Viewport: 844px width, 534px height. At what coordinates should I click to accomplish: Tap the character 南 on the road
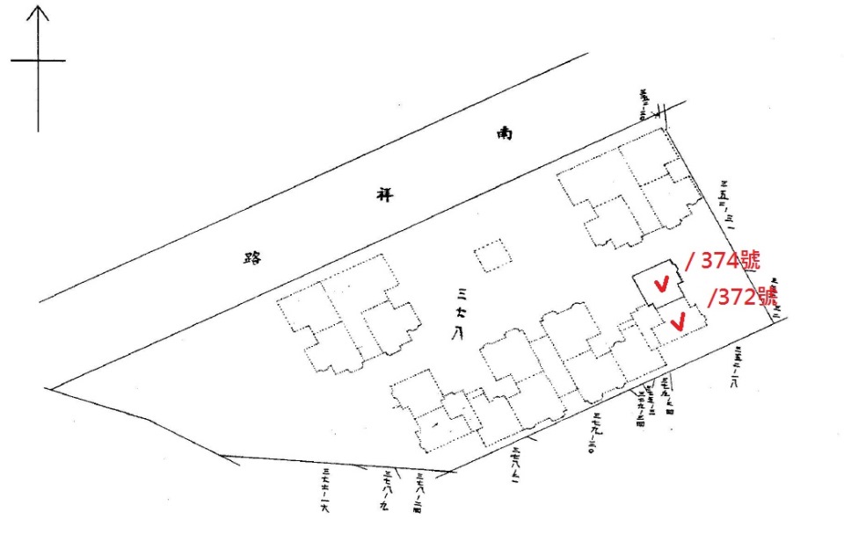click(x=505, y=134)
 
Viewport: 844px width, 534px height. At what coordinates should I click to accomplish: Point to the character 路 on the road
click(x=254, y=257)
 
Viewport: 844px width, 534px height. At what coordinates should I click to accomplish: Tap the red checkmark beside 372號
click(x=677, y=322)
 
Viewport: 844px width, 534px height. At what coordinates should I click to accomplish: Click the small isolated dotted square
click(x=491, y=256)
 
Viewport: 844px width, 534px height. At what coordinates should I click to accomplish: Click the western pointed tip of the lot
click(x=51, y=387)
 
